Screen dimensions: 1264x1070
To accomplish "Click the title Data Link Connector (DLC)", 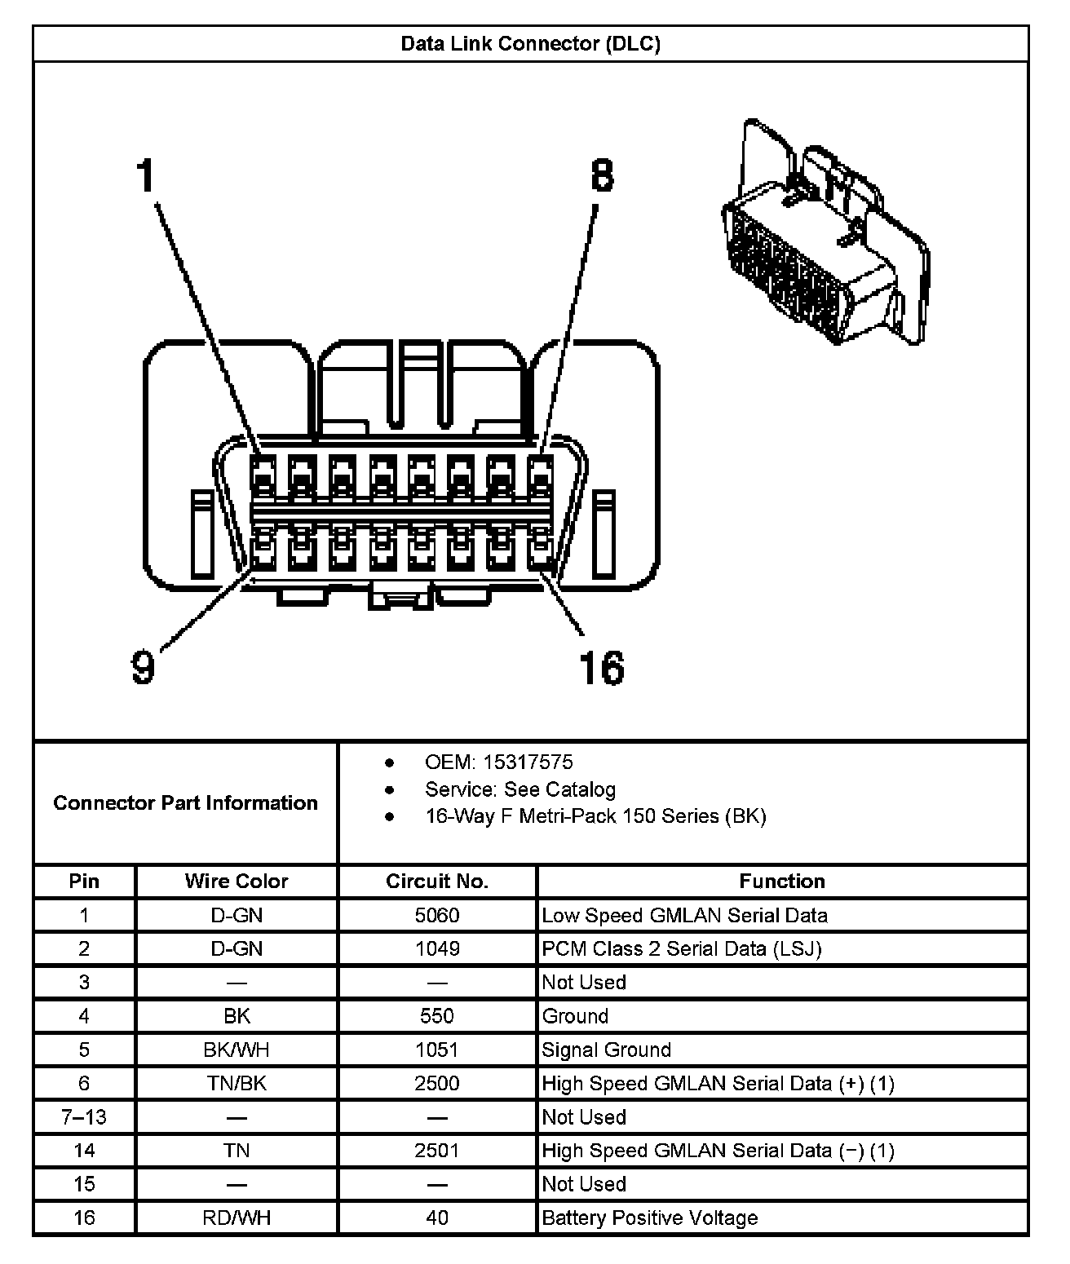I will click(530, 44).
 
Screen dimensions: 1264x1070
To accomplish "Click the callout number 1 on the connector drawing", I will click(145, 175).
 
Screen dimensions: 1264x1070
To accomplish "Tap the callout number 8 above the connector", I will click(601, 175).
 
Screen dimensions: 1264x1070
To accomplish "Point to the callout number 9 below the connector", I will click(143, 667).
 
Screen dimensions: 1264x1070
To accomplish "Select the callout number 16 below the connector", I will click(602, 667).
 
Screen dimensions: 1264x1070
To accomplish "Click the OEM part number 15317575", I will click(528, 762).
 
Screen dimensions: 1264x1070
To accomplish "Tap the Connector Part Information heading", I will click(185, 803).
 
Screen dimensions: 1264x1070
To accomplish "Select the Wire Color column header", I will click(237, 882).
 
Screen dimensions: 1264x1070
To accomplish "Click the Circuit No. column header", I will click(437, 882).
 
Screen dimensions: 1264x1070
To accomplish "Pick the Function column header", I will click(781, 882).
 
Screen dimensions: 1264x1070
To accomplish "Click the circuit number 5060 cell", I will click(437, 916).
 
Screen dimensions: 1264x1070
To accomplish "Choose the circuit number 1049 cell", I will click(437, 949).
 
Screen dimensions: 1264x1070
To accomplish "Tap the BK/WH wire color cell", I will click(237, 1050).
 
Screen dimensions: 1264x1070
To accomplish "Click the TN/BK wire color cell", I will click(237, 1084).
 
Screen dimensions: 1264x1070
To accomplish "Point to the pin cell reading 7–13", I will click(84, 1117).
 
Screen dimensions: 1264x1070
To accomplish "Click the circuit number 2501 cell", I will click(437, 1151).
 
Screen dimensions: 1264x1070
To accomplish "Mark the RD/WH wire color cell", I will click(237, 1218).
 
